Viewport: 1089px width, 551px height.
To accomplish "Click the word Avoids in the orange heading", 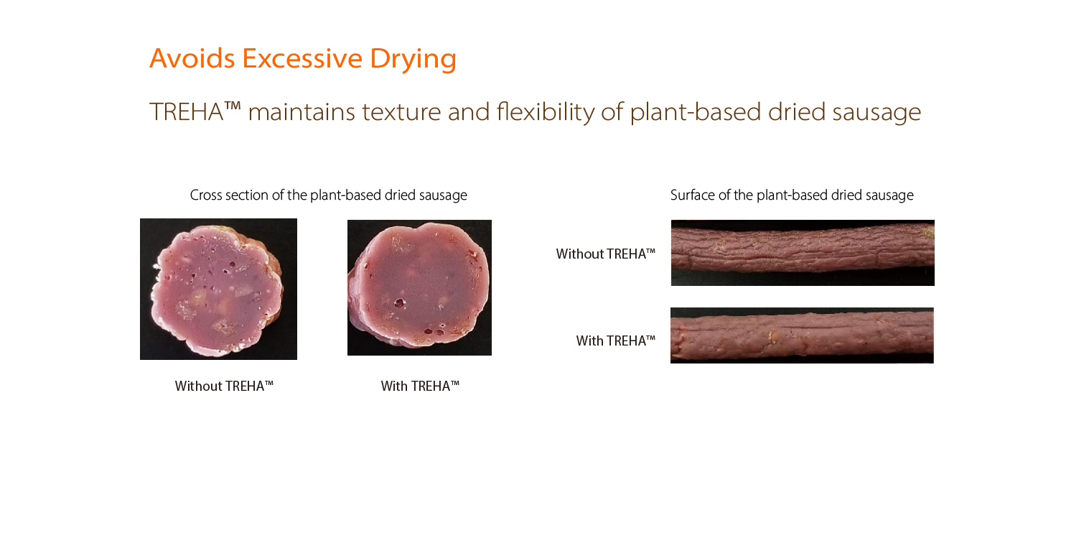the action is coord(192,58).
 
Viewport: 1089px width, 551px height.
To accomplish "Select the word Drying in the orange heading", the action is coord(413,60).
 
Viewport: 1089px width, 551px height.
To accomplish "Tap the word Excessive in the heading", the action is coord(302,58).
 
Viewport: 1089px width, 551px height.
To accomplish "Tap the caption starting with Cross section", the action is coord(328,195).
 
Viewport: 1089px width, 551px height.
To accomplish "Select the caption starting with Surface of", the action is coord(792,195).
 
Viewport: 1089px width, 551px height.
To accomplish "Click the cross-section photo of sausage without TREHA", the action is coord(218,289).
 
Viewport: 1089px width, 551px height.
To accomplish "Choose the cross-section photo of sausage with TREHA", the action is coord(419,287).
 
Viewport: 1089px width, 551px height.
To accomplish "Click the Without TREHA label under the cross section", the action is coord(224,386).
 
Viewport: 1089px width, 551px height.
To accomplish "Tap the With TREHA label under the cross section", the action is coord(420,386).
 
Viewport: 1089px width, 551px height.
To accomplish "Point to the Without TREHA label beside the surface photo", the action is coord(606,254).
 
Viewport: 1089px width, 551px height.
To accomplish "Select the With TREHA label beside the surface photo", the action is coord(615,341).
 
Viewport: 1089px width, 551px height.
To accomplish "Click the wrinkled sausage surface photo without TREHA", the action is coord(803,253).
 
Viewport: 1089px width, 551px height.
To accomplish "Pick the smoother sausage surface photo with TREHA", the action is coord(802,335).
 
